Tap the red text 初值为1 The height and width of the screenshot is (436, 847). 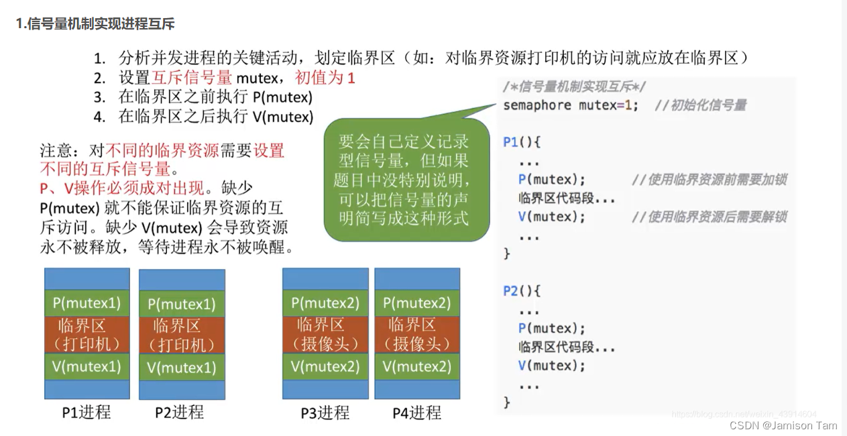tap(325, 77)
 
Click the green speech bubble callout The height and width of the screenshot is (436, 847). tap(404, 179)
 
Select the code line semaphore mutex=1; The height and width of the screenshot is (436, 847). tap(571, 105)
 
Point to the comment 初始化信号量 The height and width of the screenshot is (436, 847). tap(708, 105)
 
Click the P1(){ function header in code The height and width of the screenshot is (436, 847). tap(522, 142)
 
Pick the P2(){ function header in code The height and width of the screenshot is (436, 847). tap(522, 291)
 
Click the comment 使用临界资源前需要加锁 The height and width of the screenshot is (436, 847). tap(709, 180)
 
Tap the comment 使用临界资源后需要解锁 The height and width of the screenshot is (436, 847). tap(709, 217)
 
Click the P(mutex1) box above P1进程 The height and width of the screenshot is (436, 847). tap(87, 303)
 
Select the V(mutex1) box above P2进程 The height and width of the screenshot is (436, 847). tap(182, 368)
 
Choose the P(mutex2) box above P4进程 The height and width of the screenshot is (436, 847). tap(417, 303)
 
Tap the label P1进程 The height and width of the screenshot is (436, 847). tap(87, 412)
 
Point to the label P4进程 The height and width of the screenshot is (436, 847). tap(416, 413)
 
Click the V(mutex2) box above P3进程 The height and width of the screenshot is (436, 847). tap(325, 366)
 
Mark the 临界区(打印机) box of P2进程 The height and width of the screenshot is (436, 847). tap(182, 335)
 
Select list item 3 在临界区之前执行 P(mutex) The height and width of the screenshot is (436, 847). tap(215, 97)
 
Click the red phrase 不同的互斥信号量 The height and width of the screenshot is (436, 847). tap(105, 167)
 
